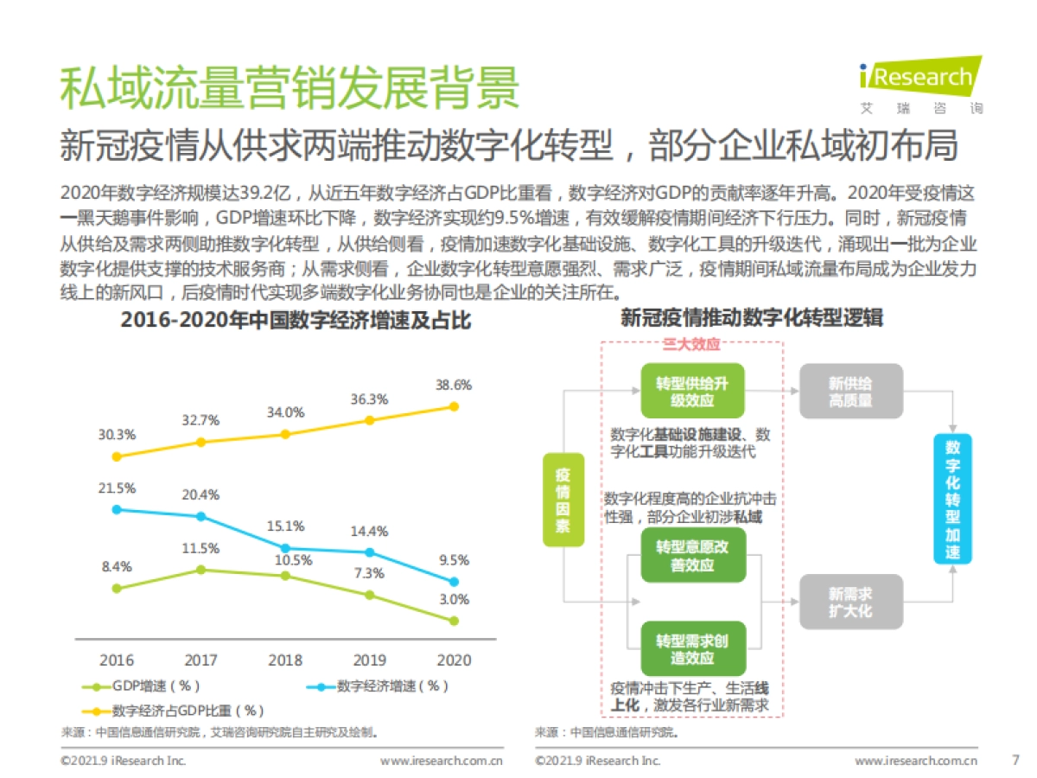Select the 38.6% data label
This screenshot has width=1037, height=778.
click(455, 385)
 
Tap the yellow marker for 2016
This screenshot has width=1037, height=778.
click(117, 456)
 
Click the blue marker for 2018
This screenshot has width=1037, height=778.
click(285, 548)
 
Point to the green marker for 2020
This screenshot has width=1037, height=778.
click(455, 621)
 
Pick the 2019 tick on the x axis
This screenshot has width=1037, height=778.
click(370, 660)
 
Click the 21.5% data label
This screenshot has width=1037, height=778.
click(117, 488)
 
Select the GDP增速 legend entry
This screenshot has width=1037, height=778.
click(143, 687)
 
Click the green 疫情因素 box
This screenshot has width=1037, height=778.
click(563, 500)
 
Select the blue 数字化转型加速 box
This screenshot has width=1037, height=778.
click(952, 500)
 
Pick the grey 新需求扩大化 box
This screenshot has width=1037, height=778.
click(850, 602)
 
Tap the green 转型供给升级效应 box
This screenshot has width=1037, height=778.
click(691, 391)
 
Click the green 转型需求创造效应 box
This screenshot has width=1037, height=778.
click(691, 648)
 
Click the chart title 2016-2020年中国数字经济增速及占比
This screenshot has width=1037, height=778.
click(296, 320)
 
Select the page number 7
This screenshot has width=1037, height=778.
click(1015, 761)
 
